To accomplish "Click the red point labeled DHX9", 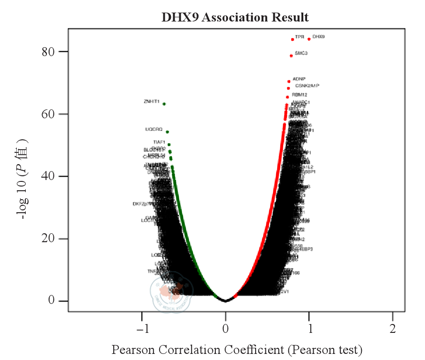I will (x=309, y=39).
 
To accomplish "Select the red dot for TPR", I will (x=293, y=39).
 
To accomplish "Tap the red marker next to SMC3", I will (x=291, y=56).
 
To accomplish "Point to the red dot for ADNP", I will (x=289, y=81).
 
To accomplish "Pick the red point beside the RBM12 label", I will (x=287, y=97).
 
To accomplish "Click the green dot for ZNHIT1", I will (x=164, y=104).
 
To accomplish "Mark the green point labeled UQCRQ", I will (x=168, y=132).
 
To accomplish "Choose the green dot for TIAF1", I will (x=169, y=144).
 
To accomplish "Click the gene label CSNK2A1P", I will (x=307, y=86).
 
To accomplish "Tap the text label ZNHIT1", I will (x=152, y=101).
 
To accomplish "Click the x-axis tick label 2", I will (x=392, y=329).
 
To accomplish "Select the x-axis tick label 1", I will (x=309, y=329).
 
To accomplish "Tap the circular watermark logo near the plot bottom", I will (x=171, y=291).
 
